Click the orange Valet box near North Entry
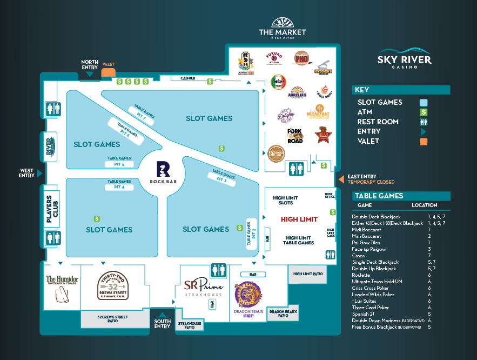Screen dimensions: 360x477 pyautogui.click(x=108, y=71)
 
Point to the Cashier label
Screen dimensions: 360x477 pyautogui.click(x=187, y=78)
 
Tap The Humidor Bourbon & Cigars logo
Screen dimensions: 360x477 pyautogui.click(x=62, y=286)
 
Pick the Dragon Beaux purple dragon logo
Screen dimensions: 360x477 pyautogui.click(x=248, y=296)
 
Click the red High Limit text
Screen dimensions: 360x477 pyautogui.click(x=299, y=219)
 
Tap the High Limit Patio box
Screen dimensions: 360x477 pyautogui.click(x=308, y=274)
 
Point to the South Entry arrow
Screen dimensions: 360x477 pyautogui.click(x=161, y=315)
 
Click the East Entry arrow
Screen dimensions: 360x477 pyautogui.click(x=340, y=179)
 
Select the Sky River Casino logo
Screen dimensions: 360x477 pyautogui.click(x=405, y=57)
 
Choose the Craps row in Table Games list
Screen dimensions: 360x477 pyautogui.click(x=359, y=256)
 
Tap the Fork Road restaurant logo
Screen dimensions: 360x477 pyautogui.click(x=295, y=135)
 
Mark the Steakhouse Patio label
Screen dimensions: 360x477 pyautogui.click(x=190, y=325)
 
